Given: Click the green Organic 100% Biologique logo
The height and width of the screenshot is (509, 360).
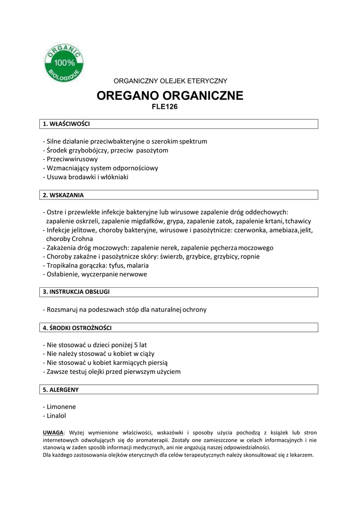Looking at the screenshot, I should [x=65, y=64].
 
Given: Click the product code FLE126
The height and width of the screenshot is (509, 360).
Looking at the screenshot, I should [x=164, y=106].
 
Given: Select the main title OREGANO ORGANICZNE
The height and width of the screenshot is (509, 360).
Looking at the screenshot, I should [x=170, y=95].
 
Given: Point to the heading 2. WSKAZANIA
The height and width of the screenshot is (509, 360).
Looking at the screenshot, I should [x=63, y=195].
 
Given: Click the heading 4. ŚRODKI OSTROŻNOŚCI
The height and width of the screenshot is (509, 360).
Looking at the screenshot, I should [x=77, y=328].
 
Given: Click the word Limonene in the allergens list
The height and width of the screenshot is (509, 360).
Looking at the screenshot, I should [x=61, y=407].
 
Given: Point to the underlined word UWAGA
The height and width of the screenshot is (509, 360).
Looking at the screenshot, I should [x=53, y=432].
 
